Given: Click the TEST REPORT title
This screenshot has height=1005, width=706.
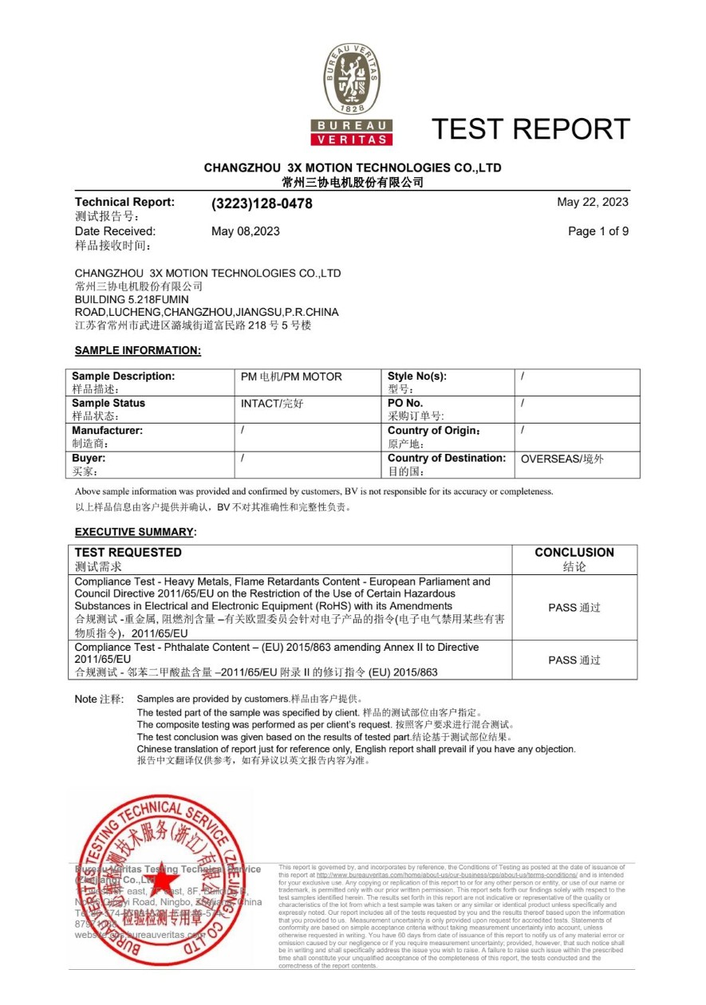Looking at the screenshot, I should pyautogui.click(x=530, y=128).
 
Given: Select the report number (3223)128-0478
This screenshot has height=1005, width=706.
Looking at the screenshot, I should pyautogui.click(x=262, y=204).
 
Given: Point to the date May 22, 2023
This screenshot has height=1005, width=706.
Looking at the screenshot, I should pyautogui.click(x=593, y=202).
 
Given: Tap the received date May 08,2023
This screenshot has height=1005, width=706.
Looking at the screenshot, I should pyautogui.click(x=246, y=231).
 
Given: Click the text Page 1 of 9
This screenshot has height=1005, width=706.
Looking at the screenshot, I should pyautogui.click(x=598, y=231).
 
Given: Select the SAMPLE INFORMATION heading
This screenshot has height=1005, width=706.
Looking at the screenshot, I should pyautogui.click(x=138, y=350).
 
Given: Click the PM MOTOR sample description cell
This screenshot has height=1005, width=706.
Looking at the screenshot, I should pyautogui.click(x=291, y=376).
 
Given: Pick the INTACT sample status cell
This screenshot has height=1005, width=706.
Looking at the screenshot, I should pyautogui.click(x=272, y=404).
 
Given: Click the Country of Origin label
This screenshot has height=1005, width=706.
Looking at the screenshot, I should pyautogui.click(x=434, y=431).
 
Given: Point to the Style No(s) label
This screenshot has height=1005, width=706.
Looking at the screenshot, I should pyautogui.click(x=417, y=376).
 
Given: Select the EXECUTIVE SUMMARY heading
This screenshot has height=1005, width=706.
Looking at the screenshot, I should pyautogui.click(x=134, y=532).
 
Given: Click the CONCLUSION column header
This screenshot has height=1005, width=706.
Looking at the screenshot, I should pyautogui.click(x=574, y=553).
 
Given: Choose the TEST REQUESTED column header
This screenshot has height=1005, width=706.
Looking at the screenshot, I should pyautogui.click(x=128, y=553).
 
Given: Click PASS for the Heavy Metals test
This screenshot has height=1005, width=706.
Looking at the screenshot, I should pyautogui.click(x=574, y=608).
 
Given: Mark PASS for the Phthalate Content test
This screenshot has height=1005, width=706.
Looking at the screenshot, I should pyautogui.click(x=574, y=660).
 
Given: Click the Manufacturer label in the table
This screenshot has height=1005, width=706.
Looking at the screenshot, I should pyautogui.click(x=108, y=431).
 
